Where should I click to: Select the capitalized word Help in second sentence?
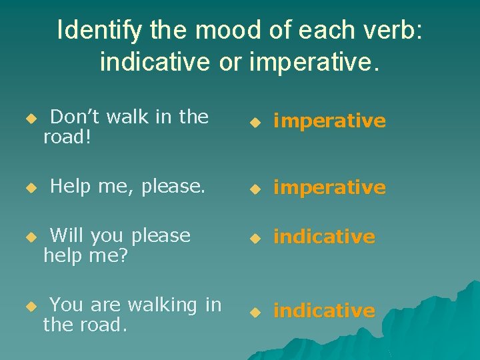(x=69, y=187)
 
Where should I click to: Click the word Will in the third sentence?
(x=67, y=235)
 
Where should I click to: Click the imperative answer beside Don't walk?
(x=329, y=121)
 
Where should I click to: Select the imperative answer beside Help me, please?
(x=329, y=188)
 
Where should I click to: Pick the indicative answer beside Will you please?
(x=324, y=237)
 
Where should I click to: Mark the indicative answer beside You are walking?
(x=324, y=311)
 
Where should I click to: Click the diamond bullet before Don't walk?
(x=29, y=118)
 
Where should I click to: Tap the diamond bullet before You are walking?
(x=29, y=306)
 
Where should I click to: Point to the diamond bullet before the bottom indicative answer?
(x=254, y=312)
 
